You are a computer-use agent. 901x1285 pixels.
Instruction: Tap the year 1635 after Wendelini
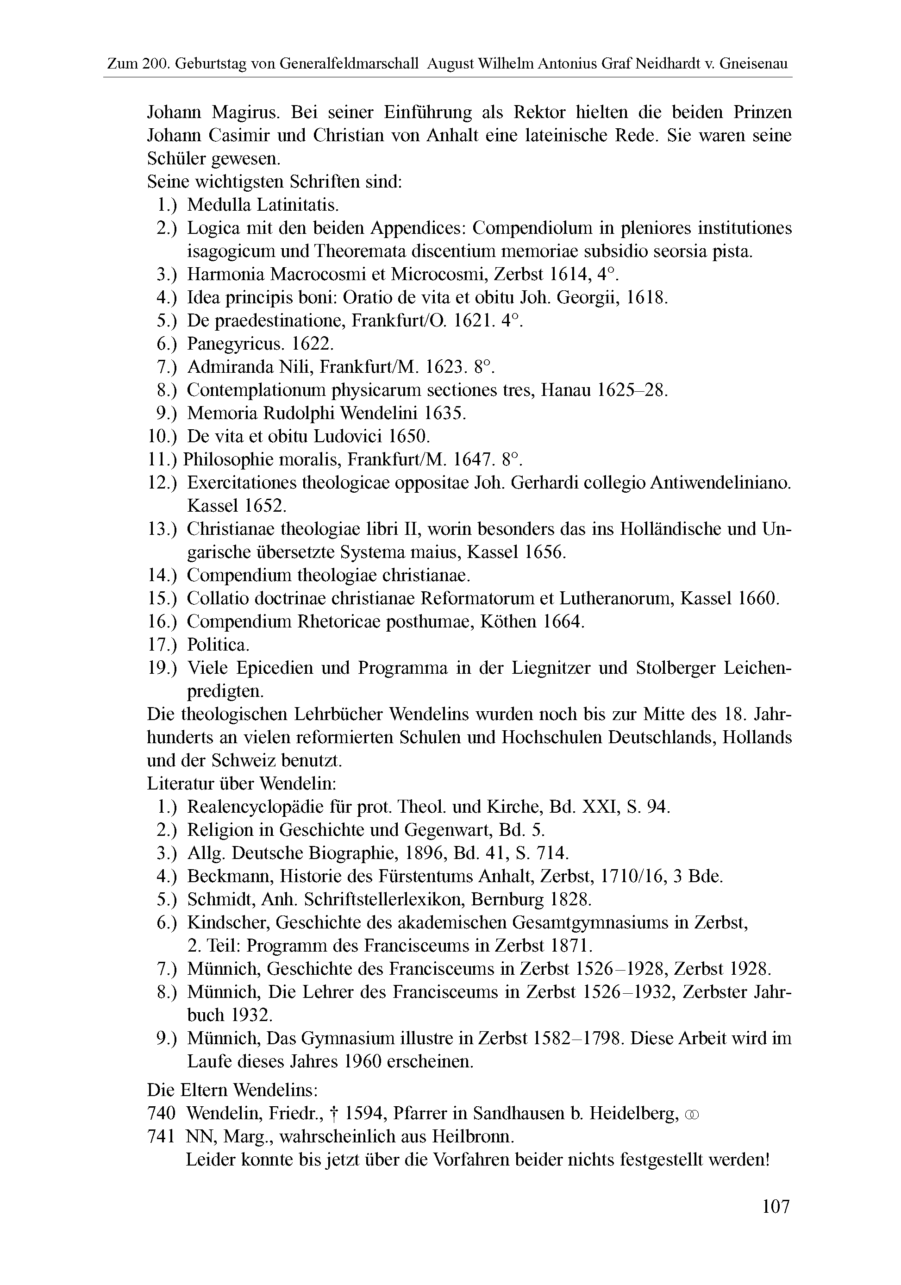[x=445, y=413]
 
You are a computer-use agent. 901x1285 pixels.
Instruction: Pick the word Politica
[x=218, y=645]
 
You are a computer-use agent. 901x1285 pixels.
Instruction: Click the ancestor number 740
[x=162, y=1114]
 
